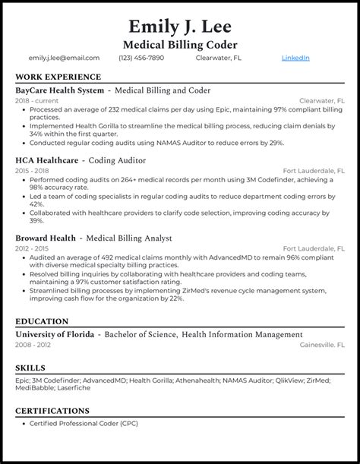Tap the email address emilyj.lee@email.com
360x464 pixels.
[x=64, y=58]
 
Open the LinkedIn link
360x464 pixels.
[x=295, y=58]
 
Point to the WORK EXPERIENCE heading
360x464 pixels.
[x=58, y=77]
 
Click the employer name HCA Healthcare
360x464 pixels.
[x=48, y=160]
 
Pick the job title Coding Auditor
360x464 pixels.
[x=118, y=160]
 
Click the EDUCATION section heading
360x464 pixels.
[x=42, y=321]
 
